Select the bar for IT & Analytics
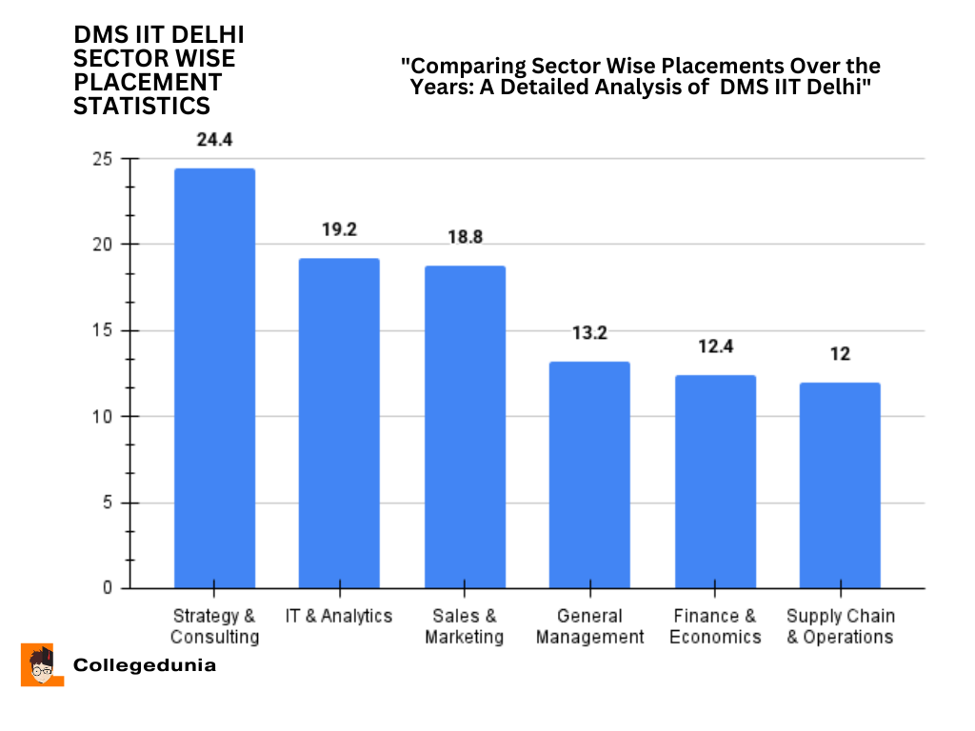pos(339,423)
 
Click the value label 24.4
pos(214,140)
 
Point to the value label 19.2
pos(339,229)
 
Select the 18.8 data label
pos(465,237)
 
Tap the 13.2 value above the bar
pos(589,333)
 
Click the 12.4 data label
pos(715,346)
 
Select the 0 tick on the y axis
pos(108,588)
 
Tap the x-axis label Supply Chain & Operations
pos(840,627)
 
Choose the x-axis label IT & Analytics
pos(339,617)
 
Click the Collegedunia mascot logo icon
pos(42,664)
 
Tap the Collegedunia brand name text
pos(145,665)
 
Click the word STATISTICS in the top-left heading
pos(142,106)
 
